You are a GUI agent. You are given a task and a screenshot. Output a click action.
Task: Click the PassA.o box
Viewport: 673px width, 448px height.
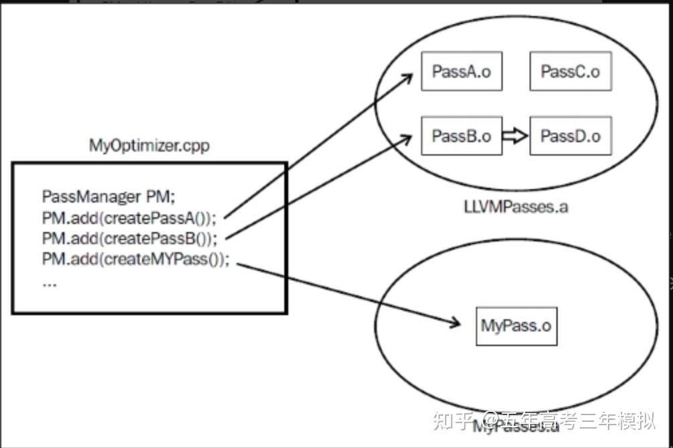461,71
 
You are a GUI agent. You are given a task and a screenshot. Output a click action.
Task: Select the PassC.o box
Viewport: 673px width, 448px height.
570,71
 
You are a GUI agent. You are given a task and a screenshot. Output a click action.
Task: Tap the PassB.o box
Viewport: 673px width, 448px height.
461,136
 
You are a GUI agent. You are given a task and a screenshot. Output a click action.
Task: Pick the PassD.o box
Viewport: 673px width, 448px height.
570,136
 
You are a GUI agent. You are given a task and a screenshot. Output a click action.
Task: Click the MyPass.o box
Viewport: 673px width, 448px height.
515,325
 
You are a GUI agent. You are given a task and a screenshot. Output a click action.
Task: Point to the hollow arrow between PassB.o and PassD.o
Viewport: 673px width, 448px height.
515,136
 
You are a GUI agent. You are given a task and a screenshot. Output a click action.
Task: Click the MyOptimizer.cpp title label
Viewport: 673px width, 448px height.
149,146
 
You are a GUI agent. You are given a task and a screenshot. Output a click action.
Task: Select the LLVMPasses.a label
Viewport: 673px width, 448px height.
515,207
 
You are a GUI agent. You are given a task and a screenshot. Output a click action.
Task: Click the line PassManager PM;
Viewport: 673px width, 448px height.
108,197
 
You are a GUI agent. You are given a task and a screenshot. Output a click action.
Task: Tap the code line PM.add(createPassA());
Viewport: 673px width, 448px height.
129,218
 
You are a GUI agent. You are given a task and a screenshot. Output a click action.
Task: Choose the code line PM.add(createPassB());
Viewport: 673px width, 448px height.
129,238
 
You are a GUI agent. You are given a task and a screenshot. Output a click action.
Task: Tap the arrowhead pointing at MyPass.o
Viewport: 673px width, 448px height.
454,323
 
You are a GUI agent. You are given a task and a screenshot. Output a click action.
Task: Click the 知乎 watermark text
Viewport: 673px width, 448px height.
454,421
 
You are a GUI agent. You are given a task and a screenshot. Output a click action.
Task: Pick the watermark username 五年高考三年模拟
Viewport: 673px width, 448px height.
576,421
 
